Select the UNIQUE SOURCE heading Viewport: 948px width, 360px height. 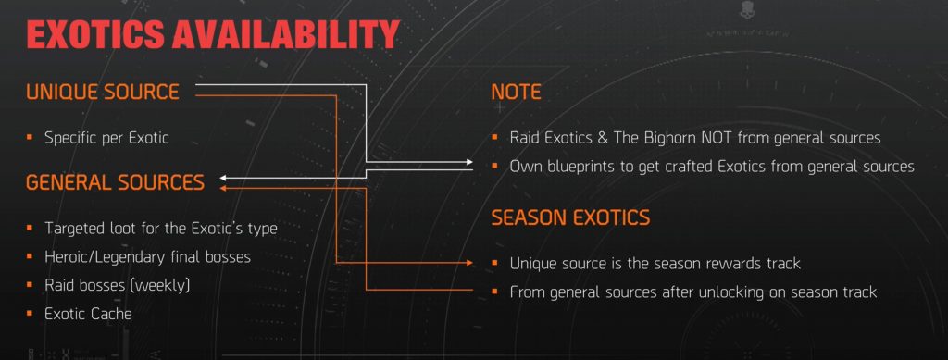coord(102,92)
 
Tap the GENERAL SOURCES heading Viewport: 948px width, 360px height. coord(115,182)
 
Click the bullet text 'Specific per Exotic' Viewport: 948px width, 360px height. coord(106,138)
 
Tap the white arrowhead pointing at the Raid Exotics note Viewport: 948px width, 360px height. coord(479,162)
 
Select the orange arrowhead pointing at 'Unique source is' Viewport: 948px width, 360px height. coord(479,264)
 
